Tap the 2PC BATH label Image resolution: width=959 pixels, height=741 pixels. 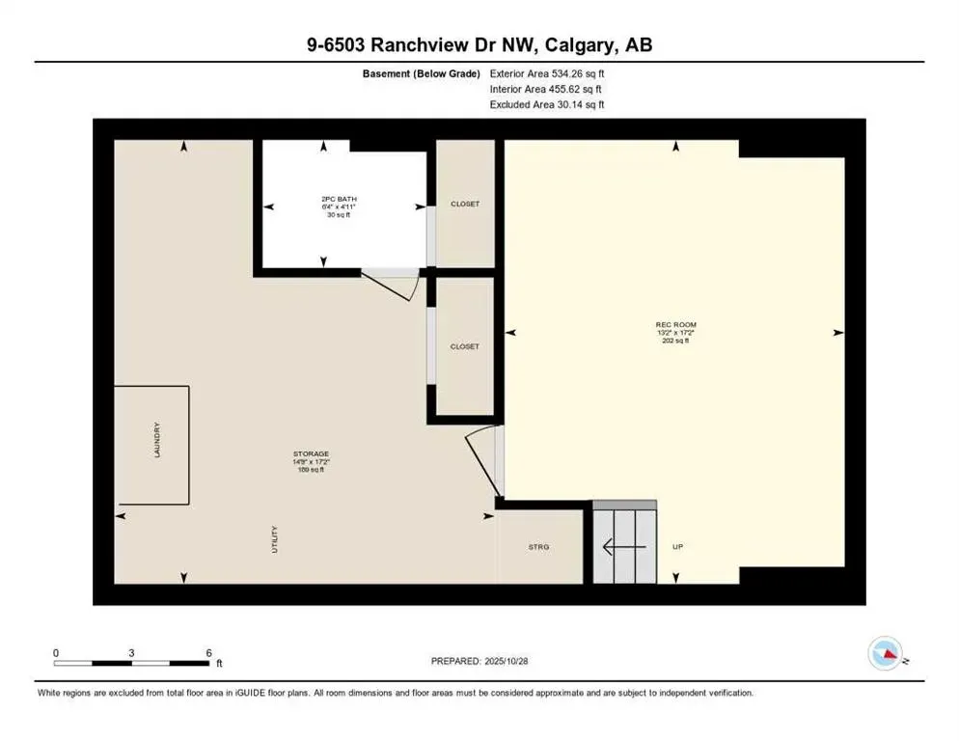[338, 199]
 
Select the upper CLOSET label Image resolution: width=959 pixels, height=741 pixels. [465, 204]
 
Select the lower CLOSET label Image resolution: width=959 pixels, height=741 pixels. [465, 346]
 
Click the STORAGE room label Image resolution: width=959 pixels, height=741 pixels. [312, 453]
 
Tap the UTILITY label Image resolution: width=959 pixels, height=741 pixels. [274, 538]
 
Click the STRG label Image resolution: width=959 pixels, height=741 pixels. [538, 547]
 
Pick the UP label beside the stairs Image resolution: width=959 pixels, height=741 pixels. [677, 547]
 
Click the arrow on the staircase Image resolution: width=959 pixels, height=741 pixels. [618, 547]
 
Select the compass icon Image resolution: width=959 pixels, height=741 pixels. [887, 654]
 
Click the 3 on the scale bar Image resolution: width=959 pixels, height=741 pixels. [130, 653]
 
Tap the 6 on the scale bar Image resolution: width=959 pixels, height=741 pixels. [208, 653]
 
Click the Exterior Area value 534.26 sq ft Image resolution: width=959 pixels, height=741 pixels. [578, 73]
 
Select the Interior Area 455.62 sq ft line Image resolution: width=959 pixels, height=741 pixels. [547, 89]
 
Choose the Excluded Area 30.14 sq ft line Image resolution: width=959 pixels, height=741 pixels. [547, 104]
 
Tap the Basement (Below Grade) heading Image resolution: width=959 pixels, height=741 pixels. [422, 73]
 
